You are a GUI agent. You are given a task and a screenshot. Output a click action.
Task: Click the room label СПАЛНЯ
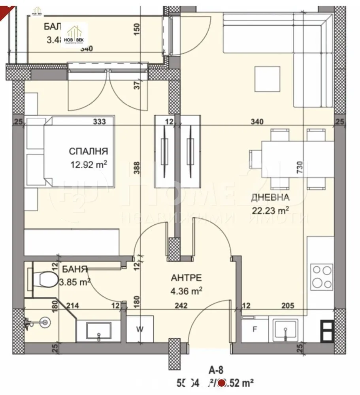pos(88,151)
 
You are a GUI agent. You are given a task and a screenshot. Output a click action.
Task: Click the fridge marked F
pos(254,329)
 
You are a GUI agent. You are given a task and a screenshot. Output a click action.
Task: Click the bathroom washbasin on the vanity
pos(98,331)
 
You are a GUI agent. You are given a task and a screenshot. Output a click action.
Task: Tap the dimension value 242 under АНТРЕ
pos(181,305)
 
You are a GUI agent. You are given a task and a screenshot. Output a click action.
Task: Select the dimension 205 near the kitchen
pos(288,305)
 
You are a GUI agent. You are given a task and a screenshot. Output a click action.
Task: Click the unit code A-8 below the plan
pos(216,370)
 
